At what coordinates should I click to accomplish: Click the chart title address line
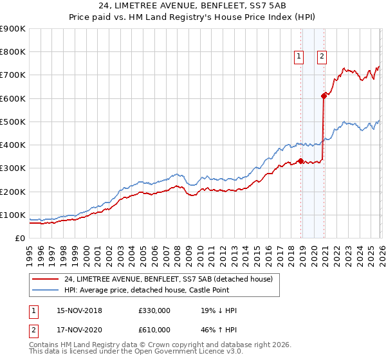(192, 6)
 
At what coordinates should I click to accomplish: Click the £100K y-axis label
(13, 215)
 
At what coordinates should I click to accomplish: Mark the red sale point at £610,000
(324, 96)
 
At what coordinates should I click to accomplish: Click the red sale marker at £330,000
(300, 161)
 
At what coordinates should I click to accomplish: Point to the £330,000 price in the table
(154, 310)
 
